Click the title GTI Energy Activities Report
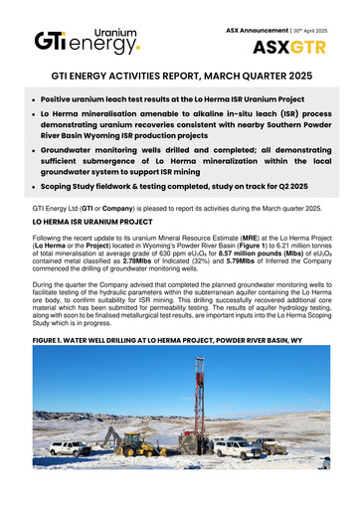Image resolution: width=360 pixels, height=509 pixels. coord(179,86)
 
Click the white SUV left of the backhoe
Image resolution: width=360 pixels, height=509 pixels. coord(72,448)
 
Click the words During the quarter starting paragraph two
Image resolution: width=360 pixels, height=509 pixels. coord(59,282)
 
